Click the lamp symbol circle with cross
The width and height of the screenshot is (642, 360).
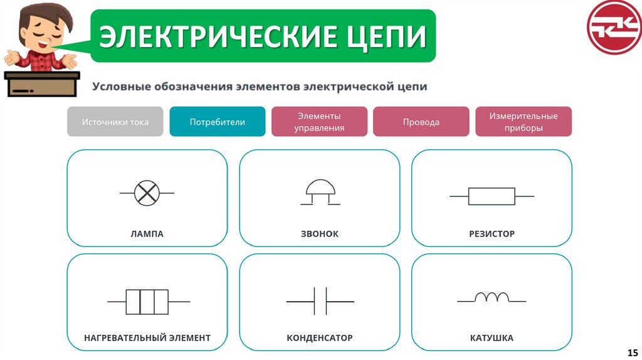click(x=147, y=193)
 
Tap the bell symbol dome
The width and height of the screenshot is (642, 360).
click(x=320, y=189)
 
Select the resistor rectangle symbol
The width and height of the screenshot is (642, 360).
click(x=492, y=196)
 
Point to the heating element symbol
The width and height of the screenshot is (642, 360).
click(x=147, y=302)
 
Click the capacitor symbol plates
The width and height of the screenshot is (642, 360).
click(x=320, y=302)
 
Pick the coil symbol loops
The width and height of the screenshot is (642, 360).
click(x=492, y=297)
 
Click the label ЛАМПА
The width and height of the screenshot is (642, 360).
click(x=147, y=234)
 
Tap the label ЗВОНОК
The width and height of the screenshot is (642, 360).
click(x=320, y=234)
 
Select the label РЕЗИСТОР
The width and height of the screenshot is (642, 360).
click(x=492, y=234)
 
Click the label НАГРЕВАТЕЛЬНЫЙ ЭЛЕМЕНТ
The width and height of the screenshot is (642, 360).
click(x=147, y=338)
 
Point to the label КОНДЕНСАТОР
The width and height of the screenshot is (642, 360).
click(x=320, y=338)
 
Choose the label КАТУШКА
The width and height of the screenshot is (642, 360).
click(x=492, y=338)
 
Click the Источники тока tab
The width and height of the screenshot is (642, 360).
click(x=115, y=122)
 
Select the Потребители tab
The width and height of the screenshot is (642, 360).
click(x=218, y=122)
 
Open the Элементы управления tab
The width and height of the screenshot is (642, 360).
click(x=320, y=122)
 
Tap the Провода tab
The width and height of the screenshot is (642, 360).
click(x=421, y=122)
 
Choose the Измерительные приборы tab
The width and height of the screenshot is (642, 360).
click(x=524, y=122)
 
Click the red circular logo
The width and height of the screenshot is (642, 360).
click(x=614, y=27)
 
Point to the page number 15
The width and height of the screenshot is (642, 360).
click(x=632, y=352)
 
